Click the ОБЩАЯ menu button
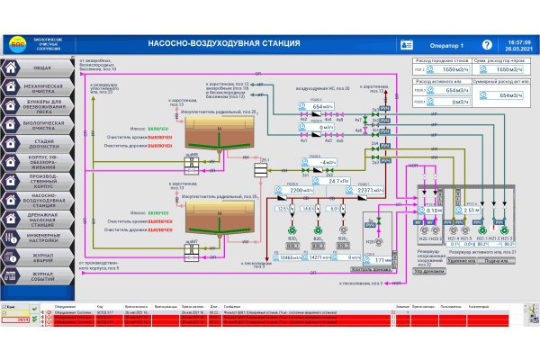click(36, 67)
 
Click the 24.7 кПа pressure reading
click(338, 181)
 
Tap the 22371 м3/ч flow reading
click(371, 191)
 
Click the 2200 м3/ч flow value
click(302, 191)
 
